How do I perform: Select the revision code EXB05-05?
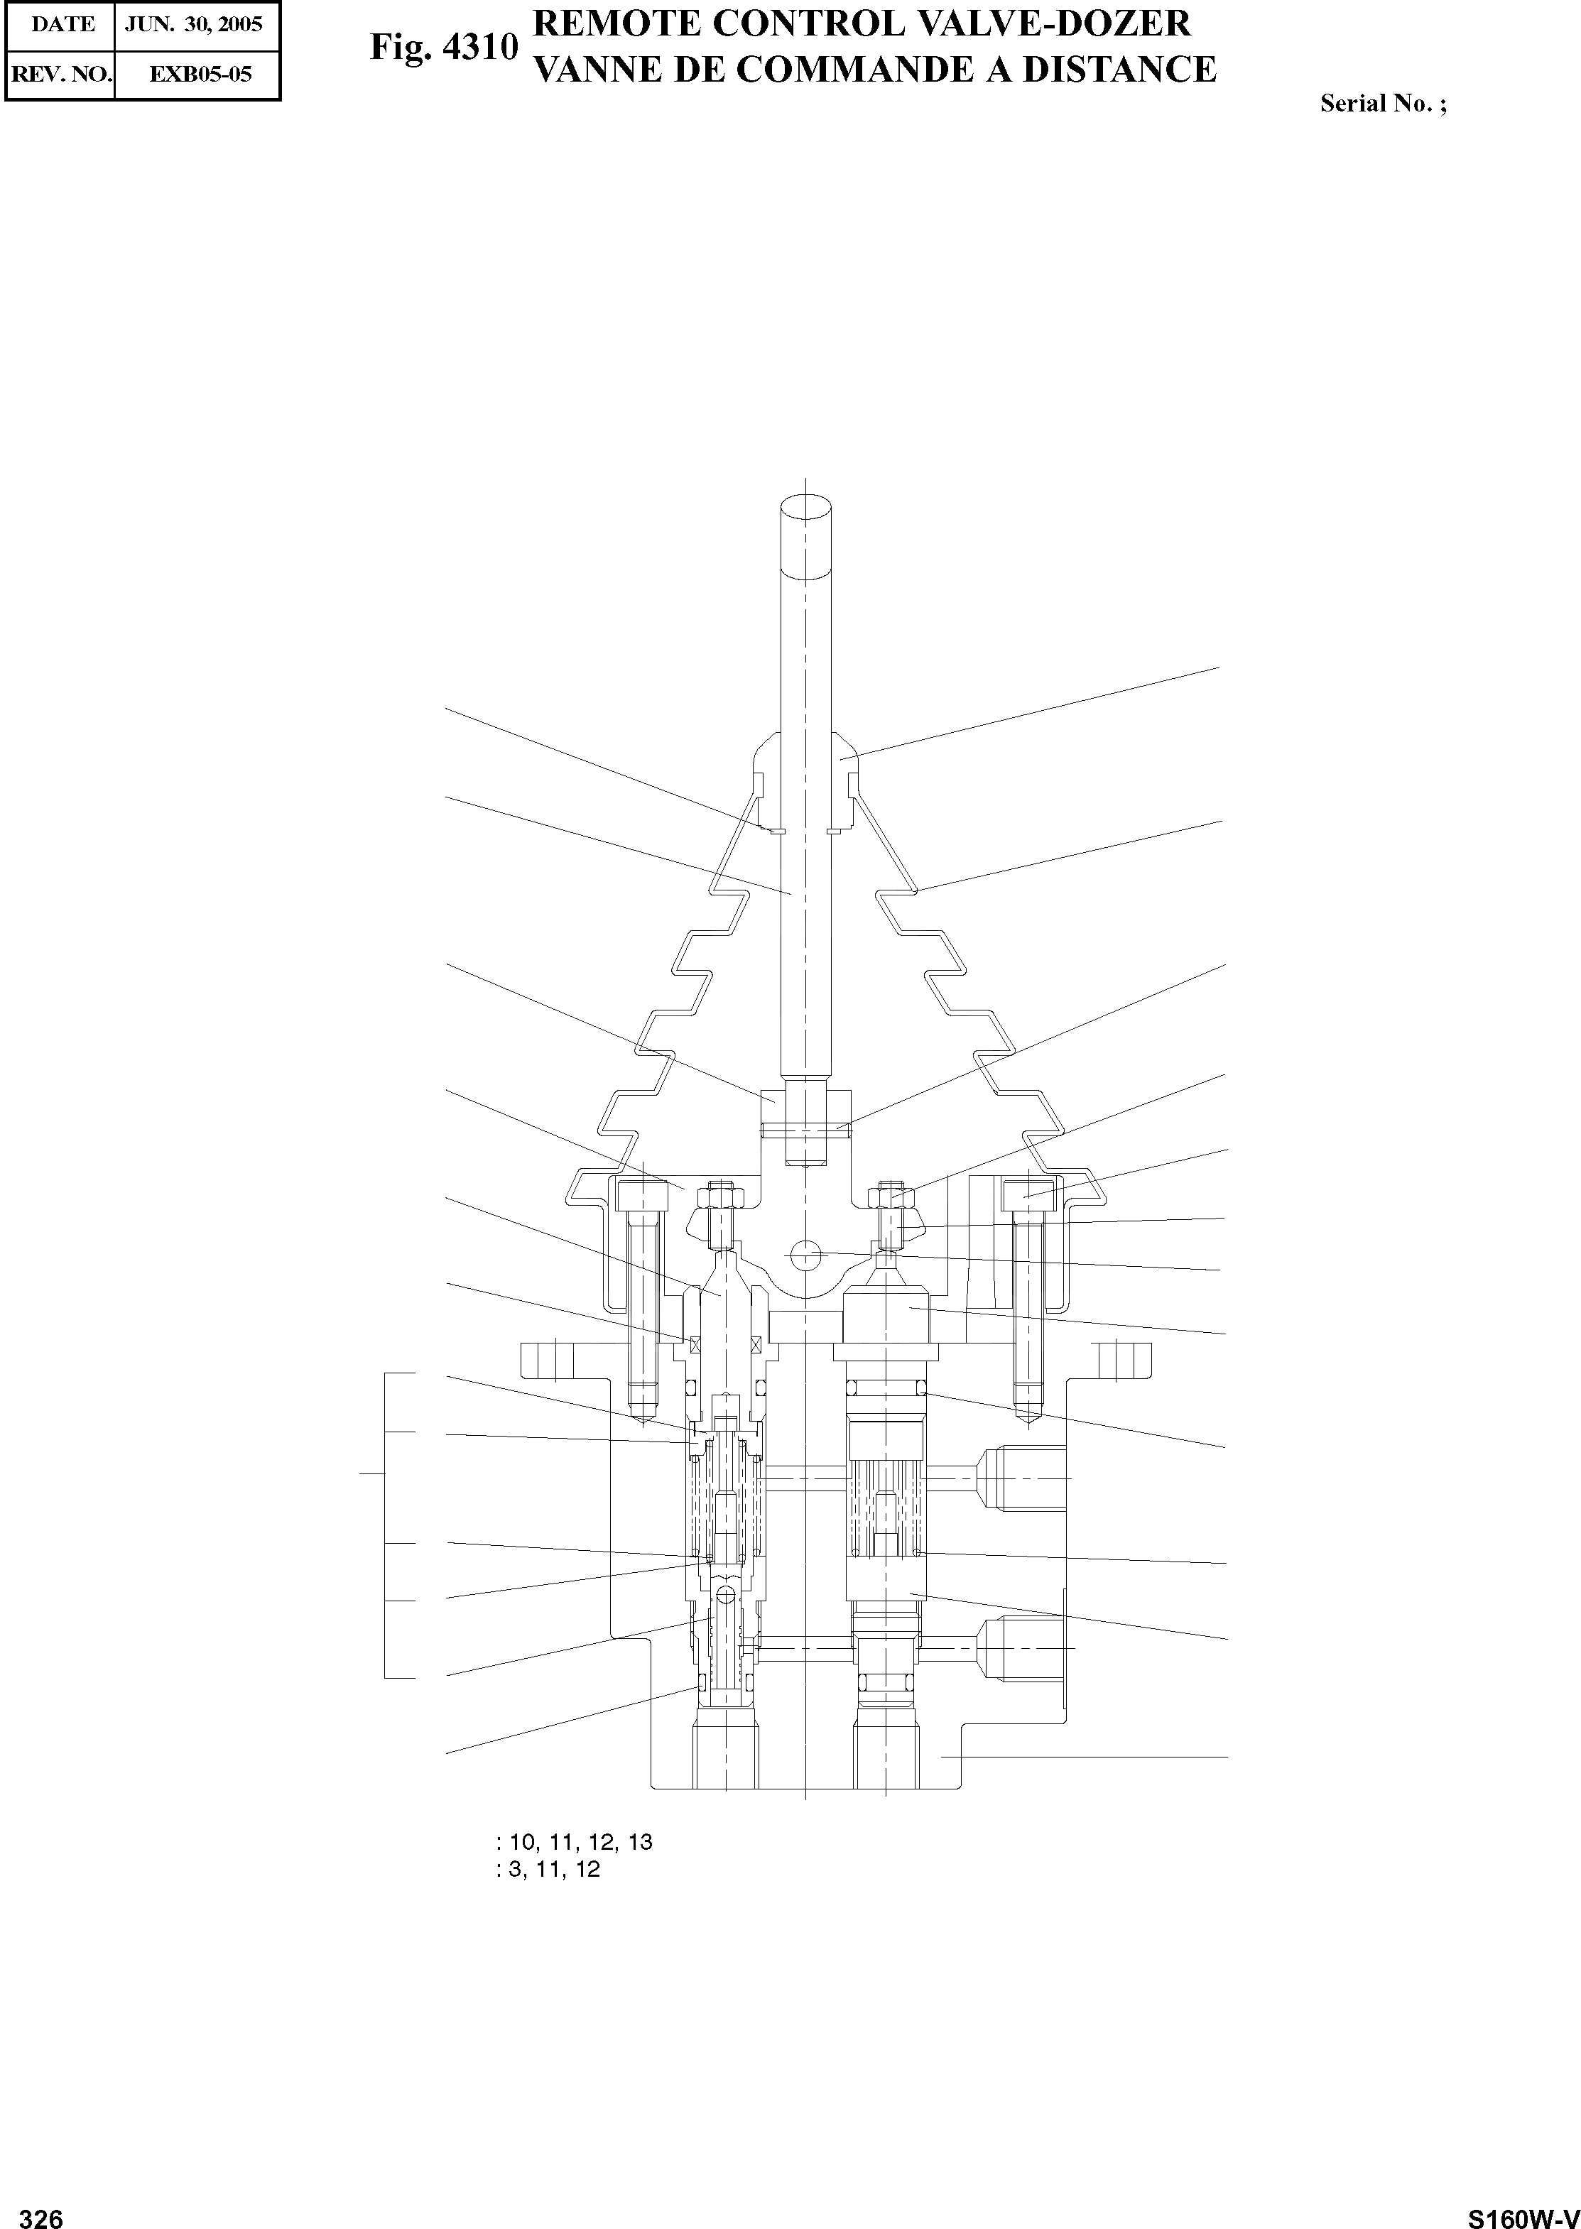coord(200,73)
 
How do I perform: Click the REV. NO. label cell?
coord(60,73)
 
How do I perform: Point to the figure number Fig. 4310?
coord(443,48)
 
